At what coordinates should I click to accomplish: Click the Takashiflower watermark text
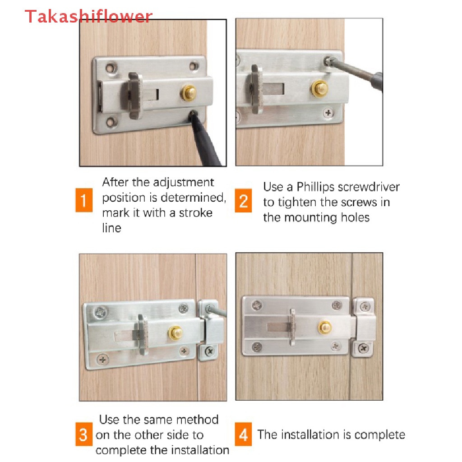click(x=88, y=16)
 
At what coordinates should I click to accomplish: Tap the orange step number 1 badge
click(x=84, y=200)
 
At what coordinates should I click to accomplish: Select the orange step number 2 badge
click(x=243, y=201)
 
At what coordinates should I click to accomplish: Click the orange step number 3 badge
click(x=83, y=434)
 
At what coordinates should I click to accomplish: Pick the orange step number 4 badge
click(x=243, y=434)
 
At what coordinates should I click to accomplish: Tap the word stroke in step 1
click(x=196, y=213)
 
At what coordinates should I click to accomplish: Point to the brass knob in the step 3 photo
click(x=176, y=333)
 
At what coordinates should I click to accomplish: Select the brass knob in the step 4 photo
click(x=325, y=328)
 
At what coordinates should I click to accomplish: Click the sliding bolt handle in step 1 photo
click(x=135, y=96)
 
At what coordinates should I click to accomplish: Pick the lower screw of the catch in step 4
click(x=364, y=349)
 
